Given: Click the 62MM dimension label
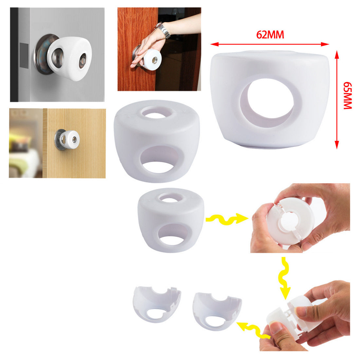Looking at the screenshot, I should click(270, 34).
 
